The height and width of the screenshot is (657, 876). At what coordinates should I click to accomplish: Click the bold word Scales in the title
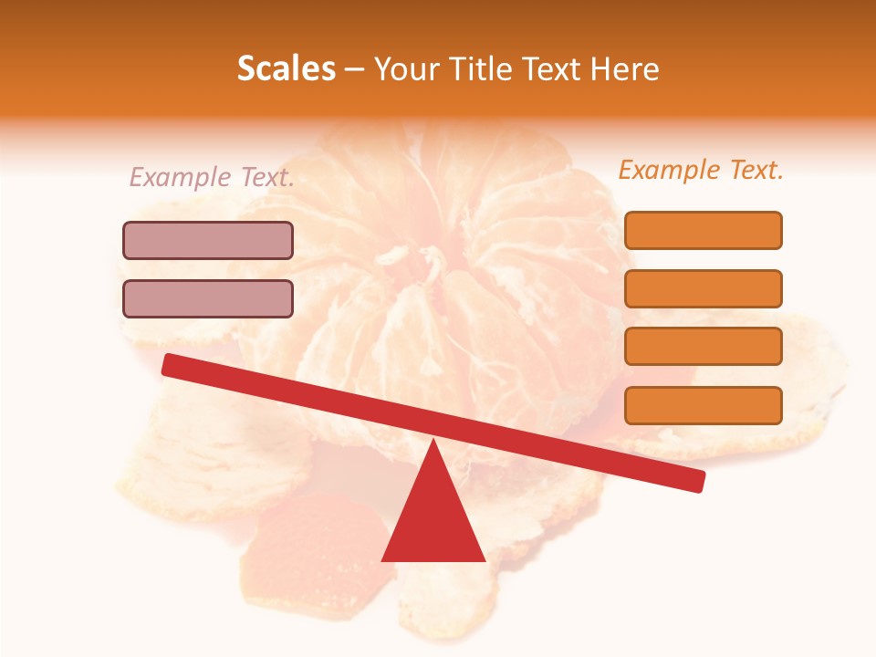[x=286, y=69]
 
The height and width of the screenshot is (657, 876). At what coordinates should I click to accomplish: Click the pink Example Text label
[x=212, y=178]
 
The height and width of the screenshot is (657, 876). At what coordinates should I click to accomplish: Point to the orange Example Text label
[x=701, y=171]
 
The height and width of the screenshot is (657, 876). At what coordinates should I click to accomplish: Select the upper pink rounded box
[x=208, y=240]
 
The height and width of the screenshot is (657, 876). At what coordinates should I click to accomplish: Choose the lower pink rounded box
[x=208, y=298]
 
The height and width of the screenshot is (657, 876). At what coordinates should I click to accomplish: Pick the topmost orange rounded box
[x=703, y=230]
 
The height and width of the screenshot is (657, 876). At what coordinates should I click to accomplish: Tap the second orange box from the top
[x=703, y=288]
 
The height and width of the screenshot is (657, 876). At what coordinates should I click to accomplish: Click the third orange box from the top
[x=703, y=346]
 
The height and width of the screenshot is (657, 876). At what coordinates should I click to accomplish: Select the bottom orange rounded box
[x=703, y=405]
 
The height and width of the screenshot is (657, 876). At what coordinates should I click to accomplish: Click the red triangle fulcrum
[x=433, y=516]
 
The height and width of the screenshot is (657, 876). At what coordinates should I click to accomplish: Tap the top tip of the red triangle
[x=433, y=443]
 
